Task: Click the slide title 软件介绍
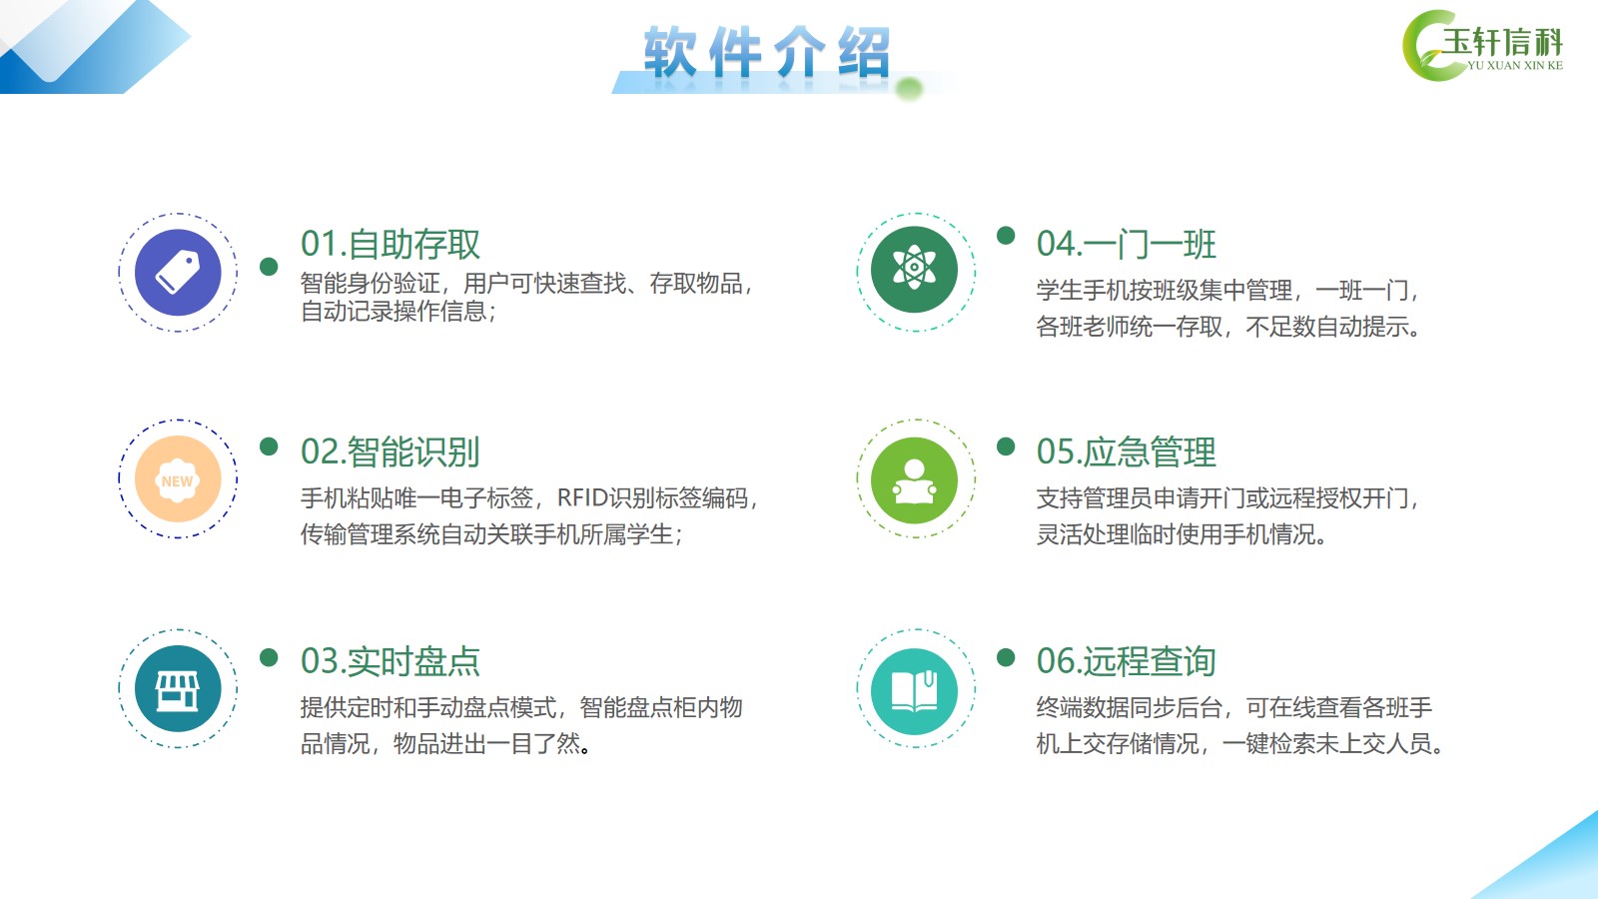[x=768, y=52]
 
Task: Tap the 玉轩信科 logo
[x=1482, y=46]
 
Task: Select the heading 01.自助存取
[x=391, y=244]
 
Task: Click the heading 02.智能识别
[x=391, y=451]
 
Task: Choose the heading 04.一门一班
[x=1127, y=244]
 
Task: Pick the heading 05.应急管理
[x=1127, y=451]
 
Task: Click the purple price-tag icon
[x=178, y=273]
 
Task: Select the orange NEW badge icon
[x=178, y=479]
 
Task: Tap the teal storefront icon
[x=178, y=688]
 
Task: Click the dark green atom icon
[x=915, y=270]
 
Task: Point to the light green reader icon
[x=915, y=480]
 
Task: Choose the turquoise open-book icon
[x=915, y=691]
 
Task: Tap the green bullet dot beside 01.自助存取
[x=269, y=266]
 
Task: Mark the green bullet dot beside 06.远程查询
[x=1006, y=657]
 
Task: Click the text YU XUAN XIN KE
[x=1515, y=65]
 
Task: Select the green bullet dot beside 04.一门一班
[x=1006, y=236]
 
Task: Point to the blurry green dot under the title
[x=909, y=89]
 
